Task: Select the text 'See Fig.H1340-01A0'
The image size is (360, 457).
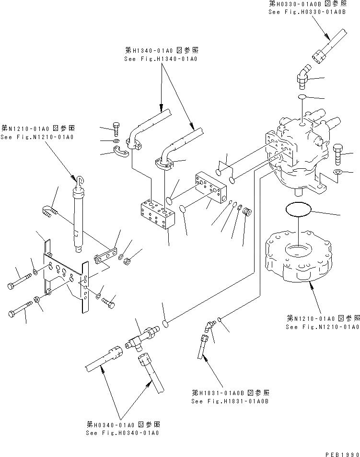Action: [161, 59]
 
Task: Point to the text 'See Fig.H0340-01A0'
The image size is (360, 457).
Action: [123, 432]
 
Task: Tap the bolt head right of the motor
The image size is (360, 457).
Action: [336, 152]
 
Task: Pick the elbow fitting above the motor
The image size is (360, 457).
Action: [303, 76]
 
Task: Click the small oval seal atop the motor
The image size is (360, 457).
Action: [302, 97]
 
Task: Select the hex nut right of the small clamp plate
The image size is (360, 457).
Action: [128, 261]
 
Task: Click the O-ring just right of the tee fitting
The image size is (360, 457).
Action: [164, 324]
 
